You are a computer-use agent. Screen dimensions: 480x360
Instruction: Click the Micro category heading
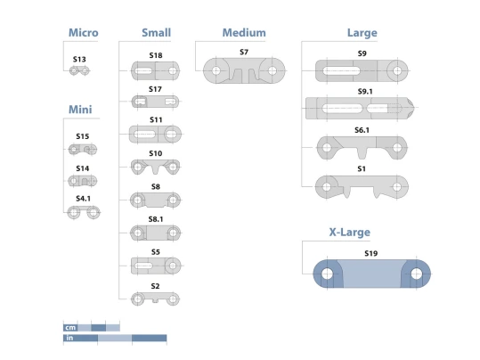tap(84, 32)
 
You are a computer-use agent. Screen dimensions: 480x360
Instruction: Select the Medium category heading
tap(244, 32)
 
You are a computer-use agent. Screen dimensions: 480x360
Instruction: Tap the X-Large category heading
tap(350, 232)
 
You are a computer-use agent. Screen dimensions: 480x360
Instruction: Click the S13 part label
tap(79, 59)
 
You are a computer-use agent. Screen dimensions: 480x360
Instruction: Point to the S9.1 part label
tap(365, 91)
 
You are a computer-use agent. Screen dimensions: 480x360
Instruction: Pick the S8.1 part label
tap(156, 219)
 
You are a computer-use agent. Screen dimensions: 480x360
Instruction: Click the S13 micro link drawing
tap(79, 70)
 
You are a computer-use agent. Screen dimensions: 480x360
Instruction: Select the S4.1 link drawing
tap(84, 212)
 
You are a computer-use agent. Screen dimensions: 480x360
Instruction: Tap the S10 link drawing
tap(155, 167)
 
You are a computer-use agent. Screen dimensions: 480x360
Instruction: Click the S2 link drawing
tap(155, 299)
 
